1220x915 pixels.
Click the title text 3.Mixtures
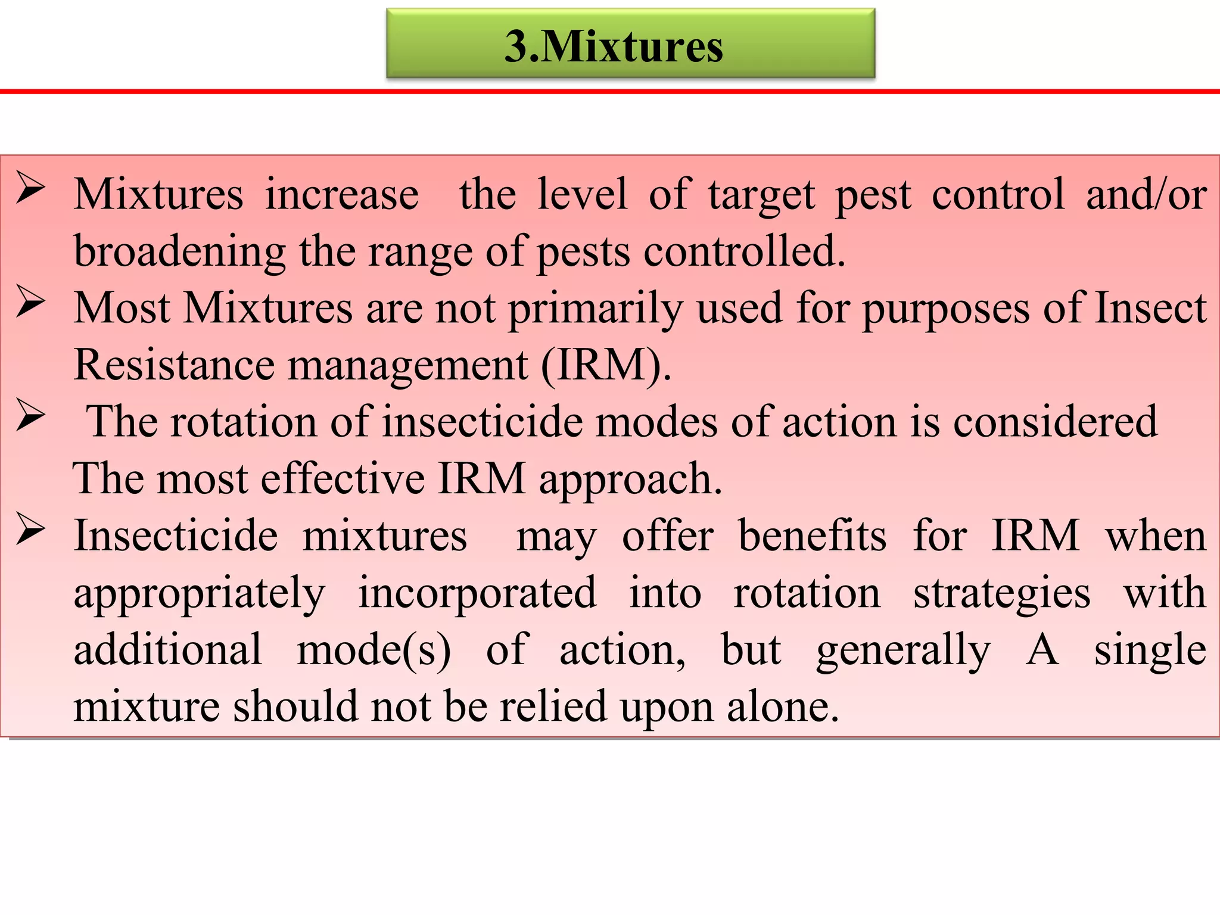[x=614, y=46]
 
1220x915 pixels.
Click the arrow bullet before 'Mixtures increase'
[x=31, y=188]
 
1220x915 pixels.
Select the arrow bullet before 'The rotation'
[x=31, y=415]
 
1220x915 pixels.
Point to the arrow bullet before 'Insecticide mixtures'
[x=31, y=529]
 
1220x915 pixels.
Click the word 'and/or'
[x=1146, y=194]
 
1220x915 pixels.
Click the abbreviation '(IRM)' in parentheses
[x=605, y=365]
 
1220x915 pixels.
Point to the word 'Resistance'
[x=174, y=365]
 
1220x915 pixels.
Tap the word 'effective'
[x=342, y=479]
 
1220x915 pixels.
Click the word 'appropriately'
[x=200, y=593]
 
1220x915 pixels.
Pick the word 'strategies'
[x=1001, y=593]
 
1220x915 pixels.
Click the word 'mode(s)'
[x=374, y=649]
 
